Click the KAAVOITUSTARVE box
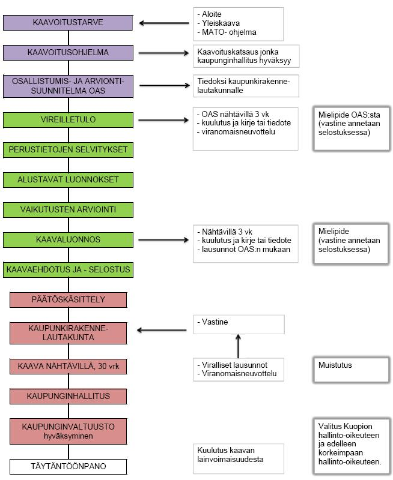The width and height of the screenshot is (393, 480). pos(68,23)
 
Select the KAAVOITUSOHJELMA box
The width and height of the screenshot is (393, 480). pos(68,53)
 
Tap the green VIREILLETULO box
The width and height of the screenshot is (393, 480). pos(68,119)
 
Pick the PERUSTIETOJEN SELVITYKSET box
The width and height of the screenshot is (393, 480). pos(68,149)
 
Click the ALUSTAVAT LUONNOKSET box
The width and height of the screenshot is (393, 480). pos(68,179)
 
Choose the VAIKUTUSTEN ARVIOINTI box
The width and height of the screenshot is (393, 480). pos(68,209)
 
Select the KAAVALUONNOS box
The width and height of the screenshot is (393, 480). pos(68,239)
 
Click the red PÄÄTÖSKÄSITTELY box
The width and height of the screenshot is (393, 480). pos(68,299)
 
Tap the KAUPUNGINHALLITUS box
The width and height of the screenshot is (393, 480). pos(68,396)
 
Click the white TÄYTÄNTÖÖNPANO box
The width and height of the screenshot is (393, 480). pos(68,467)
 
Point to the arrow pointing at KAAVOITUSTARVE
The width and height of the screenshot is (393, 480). pos(164,23)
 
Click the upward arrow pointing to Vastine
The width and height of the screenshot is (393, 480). pos(238,346)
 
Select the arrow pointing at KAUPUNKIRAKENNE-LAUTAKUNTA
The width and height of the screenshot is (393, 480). pos(162,330)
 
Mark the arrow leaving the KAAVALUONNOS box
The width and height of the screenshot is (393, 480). pos(163,240)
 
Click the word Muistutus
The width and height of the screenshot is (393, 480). pos(335,365)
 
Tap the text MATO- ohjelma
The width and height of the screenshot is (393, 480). pos(229,32)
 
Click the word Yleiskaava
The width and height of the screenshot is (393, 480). pos(221,23)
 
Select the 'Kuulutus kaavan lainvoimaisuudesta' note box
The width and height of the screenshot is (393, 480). pos(239,458)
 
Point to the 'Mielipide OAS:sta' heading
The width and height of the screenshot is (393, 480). pos(349,115)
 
